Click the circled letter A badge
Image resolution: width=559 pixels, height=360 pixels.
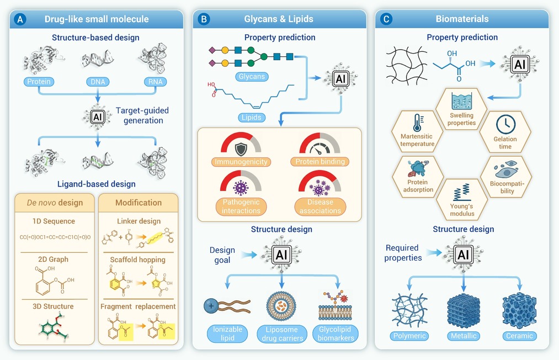20,19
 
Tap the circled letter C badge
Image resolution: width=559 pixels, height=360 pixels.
386,19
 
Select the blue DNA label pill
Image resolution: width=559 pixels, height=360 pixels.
98,82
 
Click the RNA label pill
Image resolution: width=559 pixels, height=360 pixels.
156,82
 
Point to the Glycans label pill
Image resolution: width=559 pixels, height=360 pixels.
252,76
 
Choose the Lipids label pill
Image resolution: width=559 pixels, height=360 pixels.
251,118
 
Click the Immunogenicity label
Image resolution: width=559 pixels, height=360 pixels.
241,162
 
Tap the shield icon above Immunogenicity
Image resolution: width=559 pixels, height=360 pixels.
241,149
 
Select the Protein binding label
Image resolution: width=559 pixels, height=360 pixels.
320,162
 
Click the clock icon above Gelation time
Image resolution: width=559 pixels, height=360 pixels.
505,124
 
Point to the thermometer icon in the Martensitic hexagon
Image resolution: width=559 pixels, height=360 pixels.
417,123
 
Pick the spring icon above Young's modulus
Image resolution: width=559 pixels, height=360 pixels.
462,192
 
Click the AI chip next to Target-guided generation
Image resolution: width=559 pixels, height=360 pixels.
97,117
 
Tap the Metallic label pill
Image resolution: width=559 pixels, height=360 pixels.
464,336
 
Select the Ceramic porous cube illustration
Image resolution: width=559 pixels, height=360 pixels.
519,311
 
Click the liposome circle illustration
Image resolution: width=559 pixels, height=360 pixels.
281,306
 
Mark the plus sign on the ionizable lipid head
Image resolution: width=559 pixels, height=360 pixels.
211,306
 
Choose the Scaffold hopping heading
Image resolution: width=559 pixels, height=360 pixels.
137,260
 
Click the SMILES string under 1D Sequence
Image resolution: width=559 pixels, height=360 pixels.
55,237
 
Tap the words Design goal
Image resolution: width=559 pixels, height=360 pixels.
222,255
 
